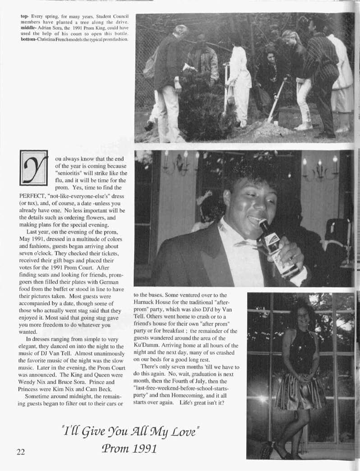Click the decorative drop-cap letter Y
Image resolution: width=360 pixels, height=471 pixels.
33,168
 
